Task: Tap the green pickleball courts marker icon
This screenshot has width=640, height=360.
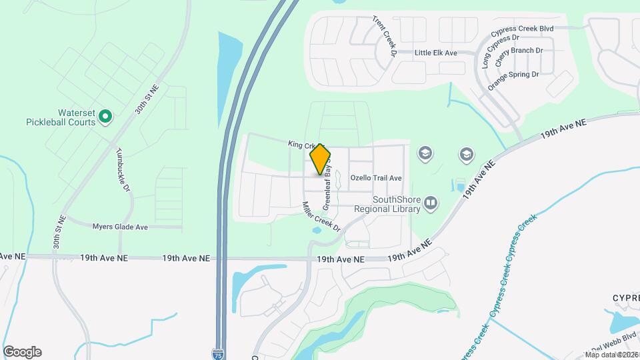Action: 105,118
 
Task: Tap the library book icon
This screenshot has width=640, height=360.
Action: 431,203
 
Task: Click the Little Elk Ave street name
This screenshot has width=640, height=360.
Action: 435,52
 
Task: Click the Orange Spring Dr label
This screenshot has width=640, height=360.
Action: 513,80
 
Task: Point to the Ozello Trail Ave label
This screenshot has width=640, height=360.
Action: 376,178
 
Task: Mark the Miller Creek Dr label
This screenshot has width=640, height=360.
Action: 321,217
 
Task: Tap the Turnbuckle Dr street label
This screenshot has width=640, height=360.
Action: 123,169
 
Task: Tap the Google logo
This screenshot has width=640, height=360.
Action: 22,352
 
